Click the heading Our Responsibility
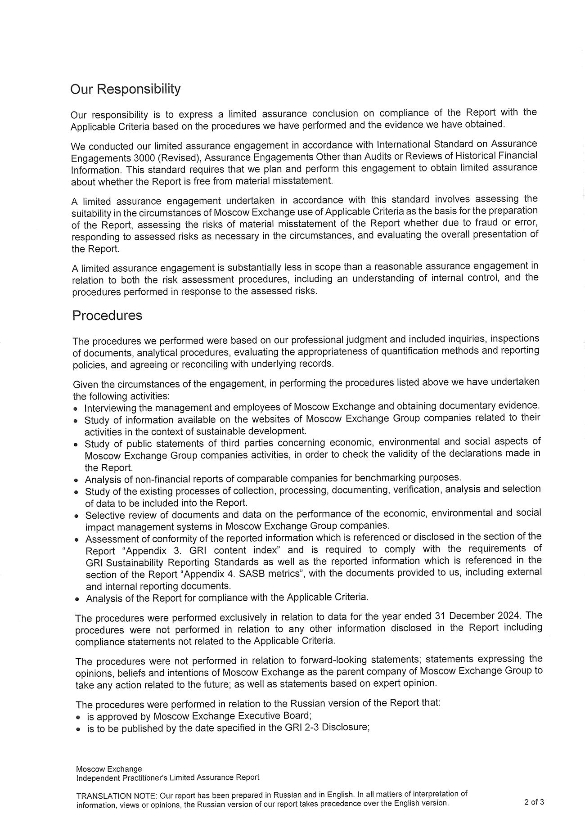click(125, 89)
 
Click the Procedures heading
click(107, 315)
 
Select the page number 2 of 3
click(534, 802)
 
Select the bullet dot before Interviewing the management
click(76, 409)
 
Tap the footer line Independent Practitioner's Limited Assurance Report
click(167, 778)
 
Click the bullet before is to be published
click(78, 729)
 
